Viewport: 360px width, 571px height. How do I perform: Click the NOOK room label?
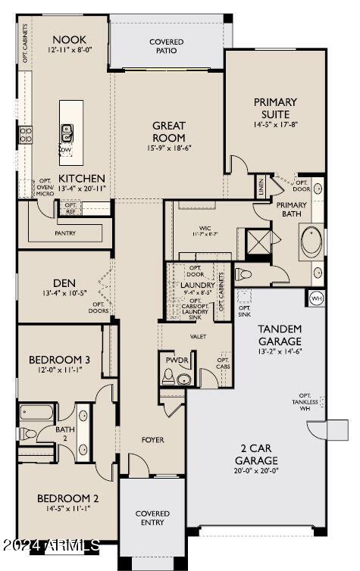pyautogui.click(x=69, y=39)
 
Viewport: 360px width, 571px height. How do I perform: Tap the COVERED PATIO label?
pyautogui.click(x=166, y=46)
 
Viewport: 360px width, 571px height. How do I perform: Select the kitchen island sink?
pyautogui.click(x=67, y=133)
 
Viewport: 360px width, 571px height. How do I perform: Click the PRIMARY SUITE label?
pyautogui.click(x=275, y=108)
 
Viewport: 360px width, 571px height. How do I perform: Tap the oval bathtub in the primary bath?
pyautogui.click(x=311, y=242)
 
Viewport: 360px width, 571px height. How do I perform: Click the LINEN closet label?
pyautogui.click(x=261, y=185)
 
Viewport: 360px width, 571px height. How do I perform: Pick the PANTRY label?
pyautogui.click(x=65, y=234)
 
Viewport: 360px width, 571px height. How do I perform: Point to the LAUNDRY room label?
pyautogui.click(x=198, y=285)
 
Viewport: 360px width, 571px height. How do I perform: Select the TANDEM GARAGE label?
pyautogui.click(x=280, y=334)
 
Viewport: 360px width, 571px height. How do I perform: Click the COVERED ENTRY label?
pyautogui.click(x=152, y=518)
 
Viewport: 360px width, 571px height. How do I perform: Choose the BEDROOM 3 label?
pyautogui.click(x=59, y=359)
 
